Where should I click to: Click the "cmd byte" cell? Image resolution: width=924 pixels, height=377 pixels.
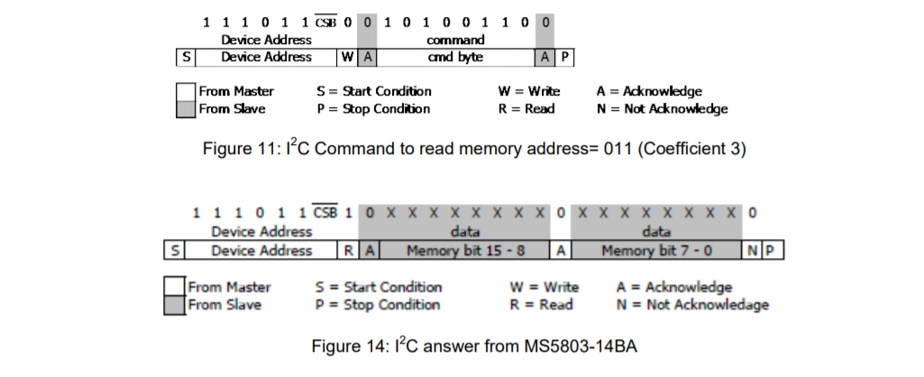[x=455, y=57]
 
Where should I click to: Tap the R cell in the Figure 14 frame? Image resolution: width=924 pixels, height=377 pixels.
[x=347, y=251]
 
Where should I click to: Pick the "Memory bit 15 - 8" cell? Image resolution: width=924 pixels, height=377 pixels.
[x=464, y=251]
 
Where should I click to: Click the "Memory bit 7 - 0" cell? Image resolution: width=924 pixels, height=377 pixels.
[x=656, y=251]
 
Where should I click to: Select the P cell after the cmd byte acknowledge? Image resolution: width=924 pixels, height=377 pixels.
[x=565, y=57]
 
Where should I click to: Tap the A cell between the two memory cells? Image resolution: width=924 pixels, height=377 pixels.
[x=561, y=251]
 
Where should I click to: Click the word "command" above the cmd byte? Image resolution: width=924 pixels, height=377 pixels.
[x=455, y=40]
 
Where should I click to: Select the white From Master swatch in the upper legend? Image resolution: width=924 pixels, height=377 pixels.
[x=186, y=92]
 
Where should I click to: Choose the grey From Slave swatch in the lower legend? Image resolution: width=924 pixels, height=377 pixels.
[x=175, y=305]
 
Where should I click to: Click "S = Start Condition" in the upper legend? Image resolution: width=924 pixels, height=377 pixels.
[x=374, y=92]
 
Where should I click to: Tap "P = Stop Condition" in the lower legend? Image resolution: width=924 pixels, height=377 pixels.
[x=378, y=305]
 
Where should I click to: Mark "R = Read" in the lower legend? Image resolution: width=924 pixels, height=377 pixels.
[x=543, y=305]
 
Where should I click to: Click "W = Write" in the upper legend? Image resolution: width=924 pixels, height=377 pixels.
[x=529, y=92]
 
